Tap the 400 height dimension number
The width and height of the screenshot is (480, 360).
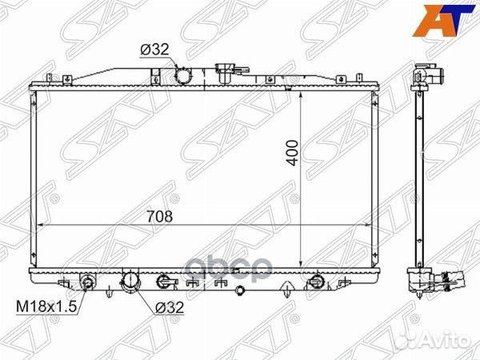[294, 153]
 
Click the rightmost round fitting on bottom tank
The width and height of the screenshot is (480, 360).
[316, 281]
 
